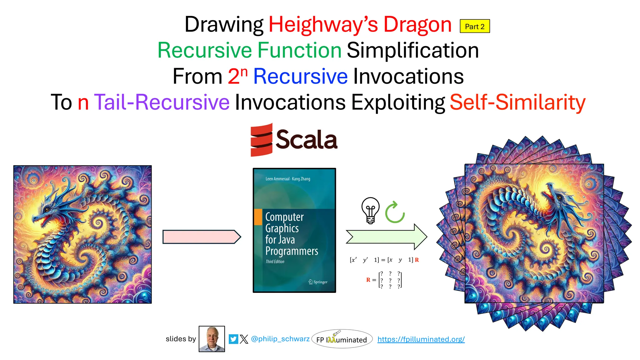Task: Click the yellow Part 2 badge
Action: pyautogui.click(x=474, y=26)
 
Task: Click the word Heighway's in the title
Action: pyautogui.click(x=323, y=24)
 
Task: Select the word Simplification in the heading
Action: pyautogui.click(x=412, y=50)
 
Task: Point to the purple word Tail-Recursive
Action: pyautogui.click(x=162, y=102)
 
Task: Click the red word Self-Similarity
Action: pyautogui.click(x=517, y=102)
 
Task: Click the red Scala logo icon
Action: pyautogui.click(x=261, y=140)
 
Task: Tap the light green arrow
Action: pyautogui.click(x=386, y=237)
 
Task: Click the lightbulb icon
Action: pyautogui.click(x=370, y=210)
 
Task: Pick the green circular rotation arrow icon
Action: pyautogui.click(x=395, y=212)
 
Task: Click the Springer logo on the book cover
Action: pyautogui.click(x=318, y=282)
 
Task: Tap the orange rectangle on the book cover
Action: pyautogui.click(x=258, y=217)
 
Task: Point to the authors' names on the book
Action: pyautogui.click(x=287, y=179)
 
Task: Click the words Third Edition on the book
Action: pyautogui.click(x=275, y=262)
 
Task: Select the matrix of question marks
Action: pyautogui.click(x=390, y=280)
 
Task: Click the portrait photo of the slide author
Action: pyautogui.click(x=212, y=339)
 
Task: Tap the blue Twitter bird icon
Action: pyautogui.click(x=233, y=339)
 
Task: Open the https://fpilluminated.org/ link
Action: pyautogui.click(x=421, y=339)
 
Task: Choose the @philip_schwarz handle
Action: pyautogui.click(x=280, y=339)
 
